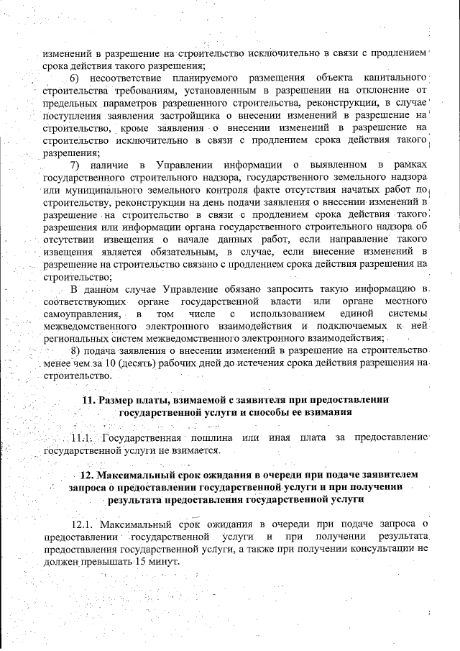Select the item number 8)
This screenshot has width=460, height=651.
coord(79,350)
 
